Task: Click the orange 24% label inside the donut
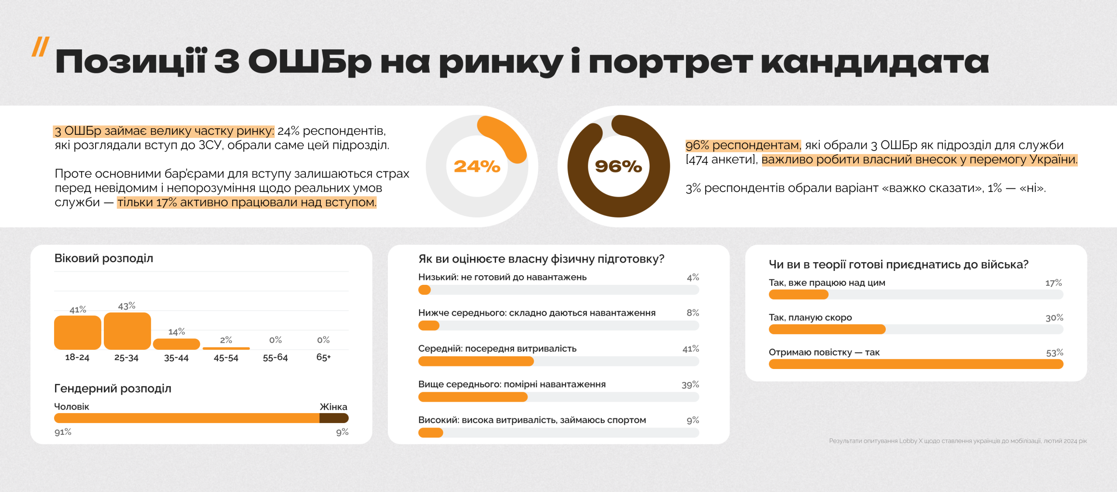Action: click(x=477, y=166)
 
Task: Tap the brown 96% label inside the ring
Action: click(x=618, y=166)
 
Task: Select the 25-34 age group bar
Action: click(x=127, y=331)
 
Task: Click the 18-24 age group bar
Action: click(x=77, y=332)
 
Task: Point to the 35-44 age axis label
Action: click(x=176, y=358)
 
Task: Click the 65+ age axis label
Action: click(x=323, y=358)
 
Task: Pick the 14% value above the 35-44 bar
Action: click(x=177, y=332)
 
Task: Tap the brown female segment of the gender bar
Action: click(x=334, y=418)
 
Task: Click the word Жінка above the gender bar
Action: click(x=333, y=407)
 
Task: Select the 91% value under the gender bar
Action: click(x=63, y=432)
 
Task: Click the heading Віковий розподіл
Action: click(x=103, y=258)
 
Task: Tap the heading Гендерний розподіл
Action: click(x=113, y=388)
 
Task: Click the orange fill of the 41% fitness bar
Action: click(x=476, y=361)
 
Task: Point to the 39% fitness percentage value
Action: click(x=690, y=385)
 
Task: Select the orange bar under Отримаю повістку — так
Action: click(x=915, y=364)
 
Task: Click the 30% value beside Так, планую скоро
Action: click(x=1054, y=318)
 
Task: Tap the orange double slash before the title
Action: click(x=40, y=47)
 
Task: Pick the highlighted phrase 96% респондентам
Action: click(x=743, y=145)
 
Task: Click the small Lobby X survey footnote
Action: click(x=958, y=441)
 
